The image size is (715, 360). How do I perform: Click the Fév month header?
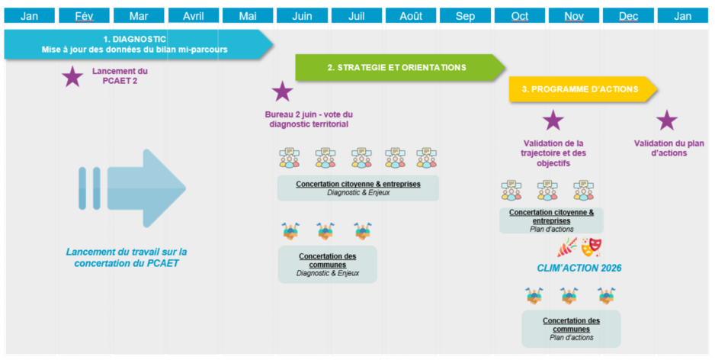pos(84,15)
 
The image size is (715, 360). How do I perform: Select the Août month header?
pos(410,15)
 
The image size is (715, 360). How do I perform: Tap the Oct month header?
pos(519,15)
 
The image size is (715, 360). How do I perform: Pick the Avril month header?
pos(194,15)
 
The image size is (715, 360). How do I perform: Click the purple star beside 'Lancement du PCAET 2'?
pos(72,77)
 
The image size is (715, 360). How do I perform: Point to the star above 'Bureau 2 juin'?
pos(282,92)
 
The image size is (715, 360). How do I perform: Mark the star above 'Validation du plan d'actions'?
pos(667,120)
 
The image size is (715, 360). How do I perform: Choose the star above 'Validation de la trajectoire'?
pos(553,120)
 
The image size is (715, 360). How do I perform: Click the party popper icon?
pos(567,247)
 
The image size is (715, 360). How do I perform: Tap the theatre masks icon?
pos(592,247)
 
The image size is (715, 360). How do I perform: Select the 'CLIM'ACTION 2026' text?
pos(579,268)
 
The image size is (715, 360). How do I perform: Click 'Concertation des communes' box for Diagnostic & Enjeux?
pos(328,265)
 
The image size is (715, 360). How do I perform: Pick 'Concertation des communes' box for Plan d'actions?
pos(571,329)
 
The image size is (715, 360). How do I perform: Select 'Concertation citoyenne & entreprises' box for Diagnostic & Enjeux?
pos(358,188)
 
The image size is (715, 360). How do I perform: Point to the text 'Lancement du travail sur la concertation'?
pos(127,257)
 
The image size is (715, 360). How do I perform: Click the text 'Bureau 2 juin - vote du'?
pos(309,114)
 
